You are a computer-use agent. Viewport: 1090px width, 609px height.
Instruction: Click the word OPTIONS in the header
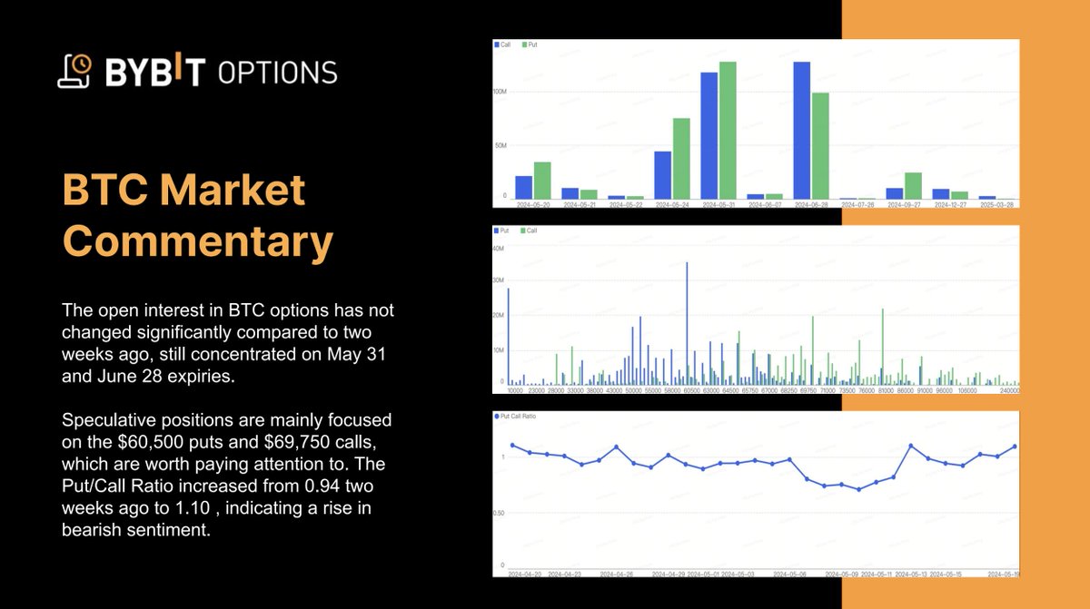point(277,73)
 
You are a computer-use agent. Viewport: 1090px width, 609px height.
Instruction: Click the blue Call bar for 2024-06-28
point(801,131)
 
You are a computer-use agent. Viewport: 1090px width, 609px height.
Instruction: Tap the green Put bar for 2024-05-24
point(681,159)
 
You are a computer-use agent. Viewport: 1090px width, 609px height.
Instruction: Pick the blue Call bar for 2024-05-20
point(524,188)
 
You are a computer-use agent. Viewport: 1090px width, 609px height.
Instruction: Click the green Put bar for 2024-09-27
point(913,186)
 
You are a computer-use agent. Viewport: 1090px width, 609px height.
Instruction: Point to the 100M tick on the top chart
point(499,93)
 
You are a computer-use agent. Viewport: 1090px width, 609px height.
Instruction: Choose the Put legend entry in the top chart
point(531,44)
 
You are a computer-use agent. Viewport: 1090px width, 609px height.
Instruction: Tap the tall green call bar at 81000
point(883,345)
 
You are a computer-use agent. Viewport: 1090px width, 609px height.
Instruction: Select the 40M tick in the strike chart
point(498,248)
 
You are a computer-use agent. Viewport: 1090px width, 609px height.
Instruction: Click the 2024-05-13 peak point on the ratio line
point(911,446)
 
